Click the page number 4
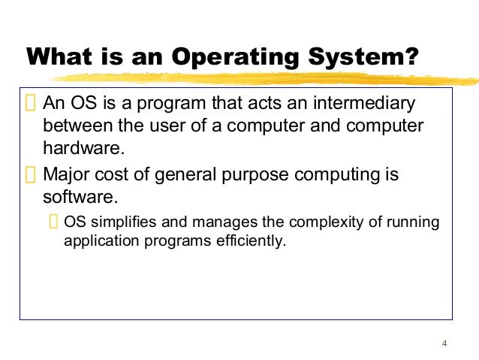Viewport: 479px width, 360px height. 444,343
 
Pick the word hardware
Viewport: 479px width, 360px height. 83,147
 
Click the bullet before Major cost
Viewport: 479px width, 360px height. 30,176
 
